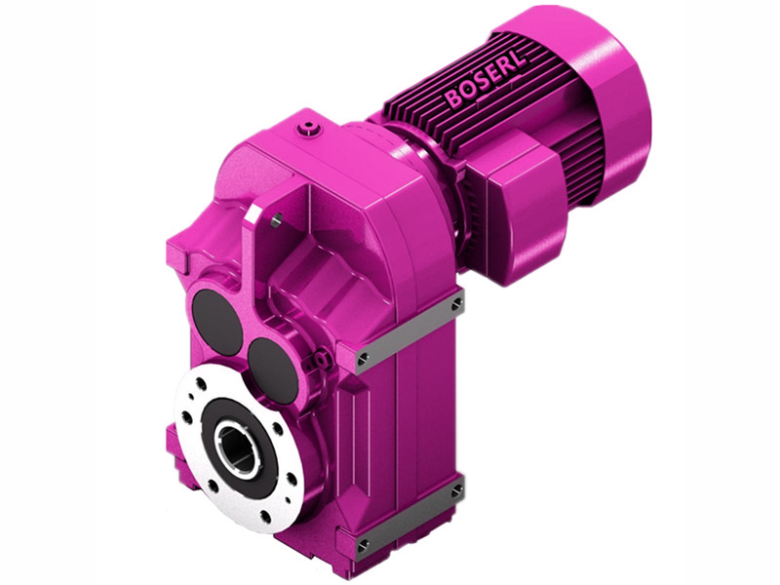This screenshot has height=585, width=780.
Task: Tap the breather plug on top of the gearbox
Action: [x=310, y=128]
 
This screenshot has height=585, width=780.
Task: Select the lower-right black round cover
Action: [x=272, y=365]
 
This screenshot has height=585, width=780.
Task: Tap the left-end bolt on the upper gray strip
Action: [x=363, y=359]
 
